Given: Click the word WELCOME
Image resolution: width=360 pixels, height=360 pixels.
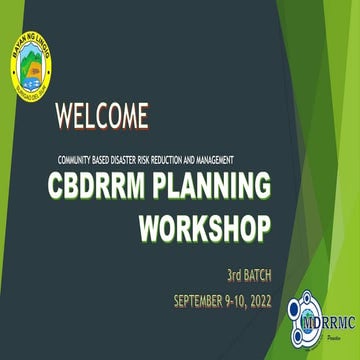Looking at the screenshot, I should pyautogui.click(x=103, y=116).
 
